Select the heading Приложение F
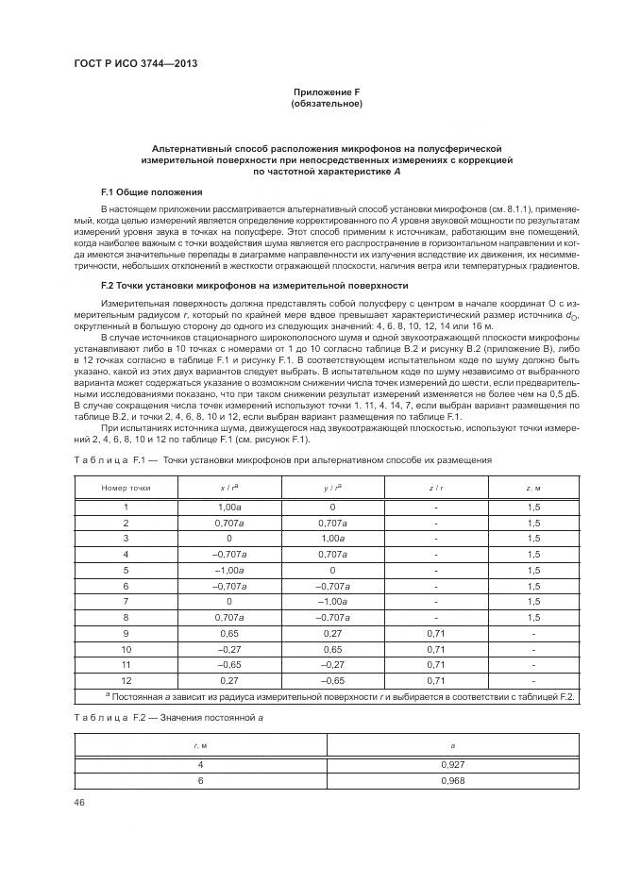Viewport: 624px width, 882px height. pyautogui.click(x=326, y=92)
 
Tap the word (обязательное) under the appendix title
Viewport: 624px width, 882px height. pyautogui.click(x=326, y=104)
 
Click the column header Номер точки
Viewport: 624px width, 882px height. pyautogui.click(x=126, y=488)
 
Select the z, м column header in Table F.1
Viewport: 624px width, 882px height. pyautogui.click(x=533, y=488)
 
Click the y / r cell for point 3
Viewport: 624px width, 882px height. pyautogui.click(x=331, y=538)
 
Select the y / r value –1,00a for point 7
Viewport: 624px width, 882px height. pyautogui.click(x=331, y=601)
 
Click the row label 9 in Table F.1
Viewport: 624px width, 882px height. pyautogui.click(x=126, y=634)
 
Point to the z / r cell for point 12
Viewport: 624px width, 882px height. pyautogui.click(x=435, y=680)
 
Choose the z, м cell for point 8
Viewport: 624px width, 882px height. pyautogui.click(x=533, y=617)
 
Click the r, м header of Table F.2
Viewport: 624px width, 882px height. pyautogui.click(x=200, y=745)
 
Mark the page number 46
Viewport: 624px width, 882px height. pyautogui.click(x=79, y=802)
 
